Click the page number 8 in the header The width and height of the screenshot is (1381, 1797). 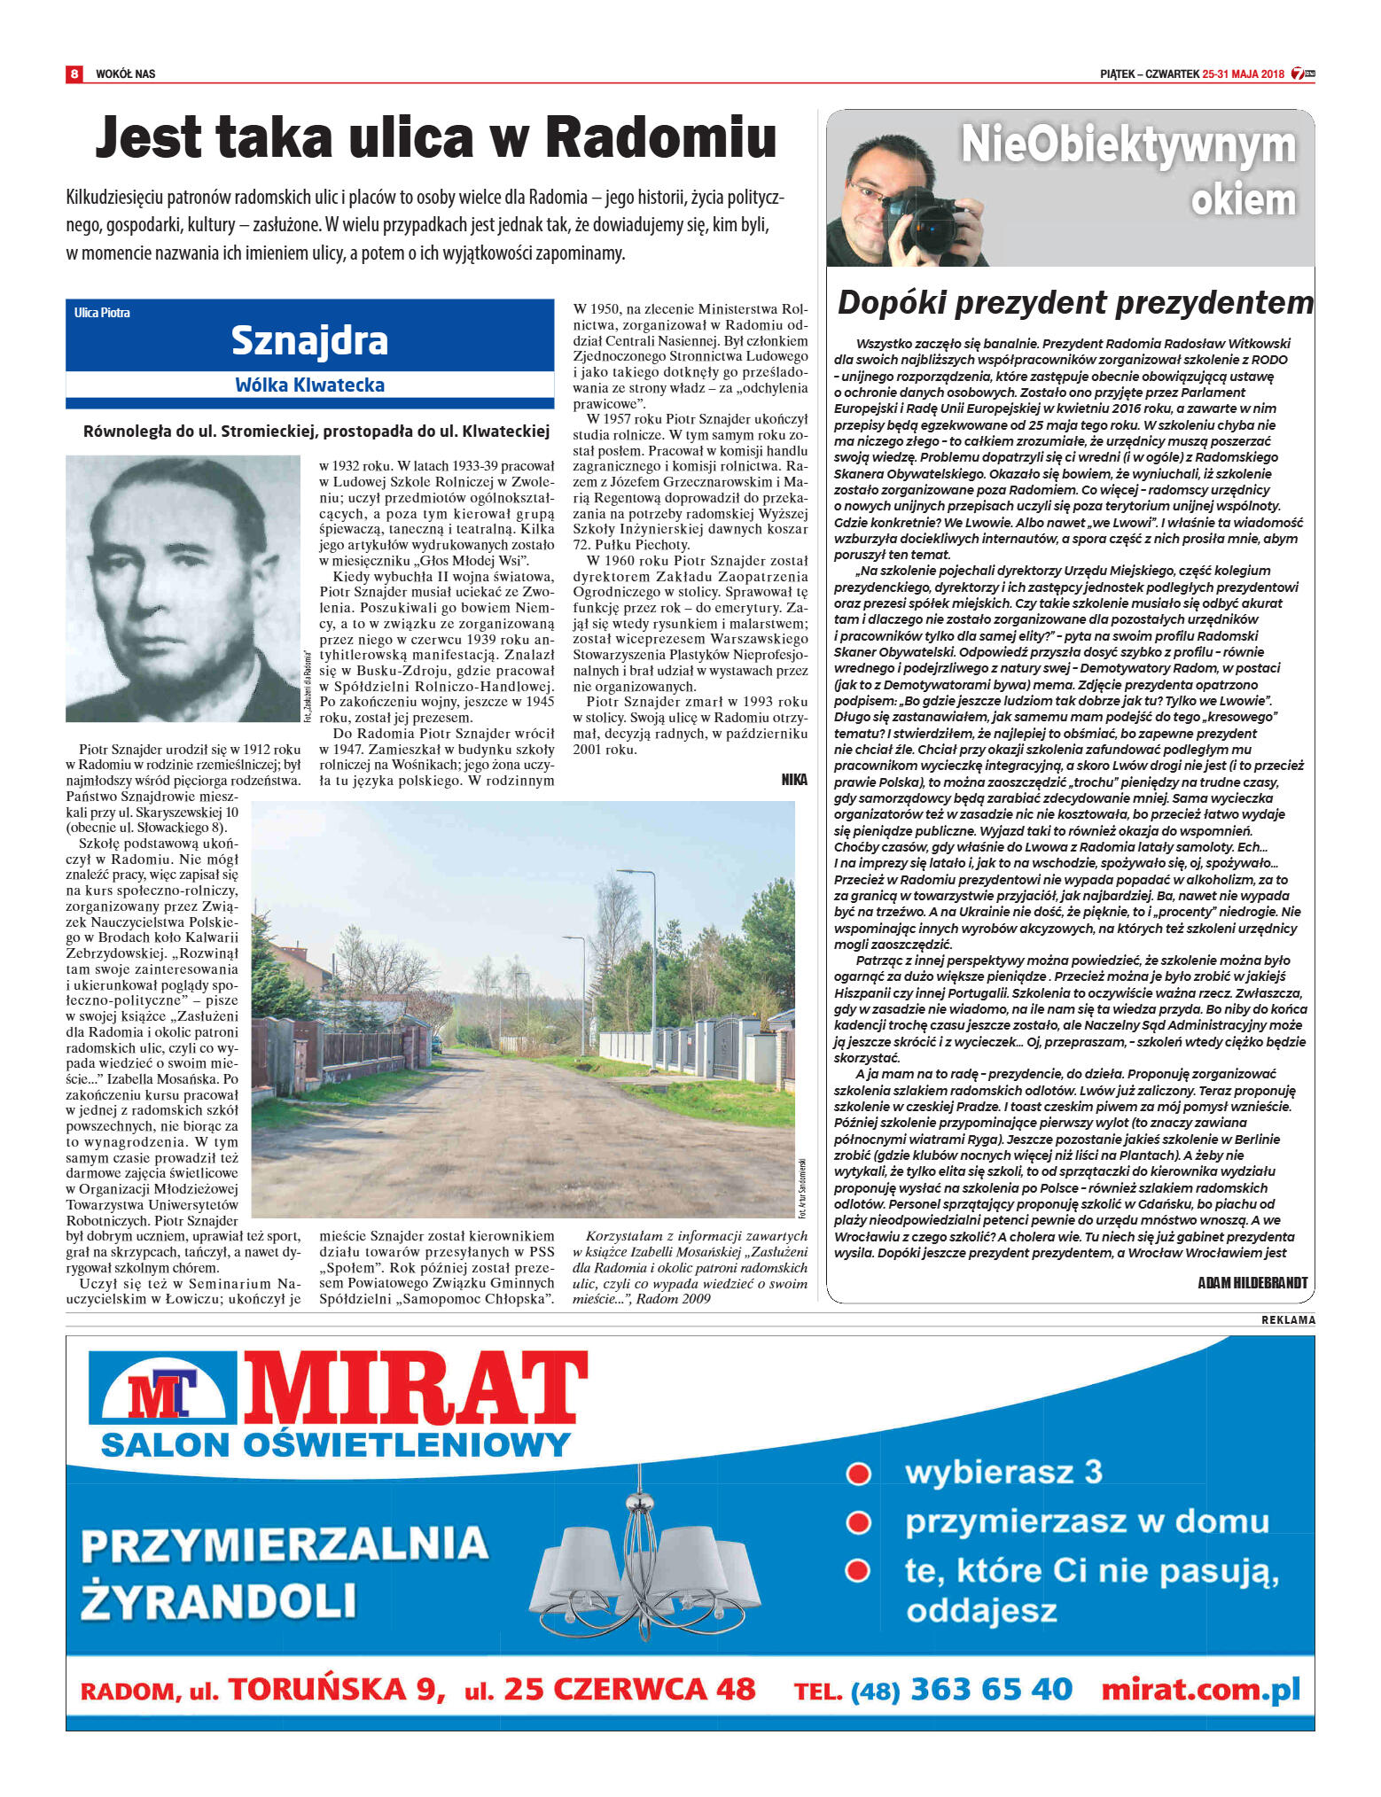pos(74,74)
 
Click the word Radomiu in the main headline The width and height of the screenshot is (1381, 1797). pos(660,138)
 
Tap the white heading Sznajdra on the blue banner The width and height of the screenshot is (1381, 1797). pos(309,340)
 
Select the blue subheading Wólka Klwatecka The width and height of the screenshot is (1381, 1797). pos(309,385)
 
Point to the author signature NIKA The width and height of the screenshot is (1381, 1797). pos(793,779)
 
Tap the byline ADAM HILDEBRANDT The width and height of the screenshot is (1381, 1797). pos(1252,1282)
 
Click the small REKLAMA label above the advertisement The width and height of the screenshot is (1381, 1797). pos(1288,1320)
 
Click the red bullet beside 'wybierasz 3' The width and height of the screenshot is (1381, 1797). pos(857,1474)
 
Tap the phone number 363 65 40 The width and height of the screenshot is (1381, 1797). pos(991,1690)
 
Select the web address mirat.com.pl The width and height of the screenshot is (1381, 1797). pos(1199,1690)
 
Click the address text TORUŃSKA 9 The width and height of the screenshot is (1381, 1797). pos(337,1690)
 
